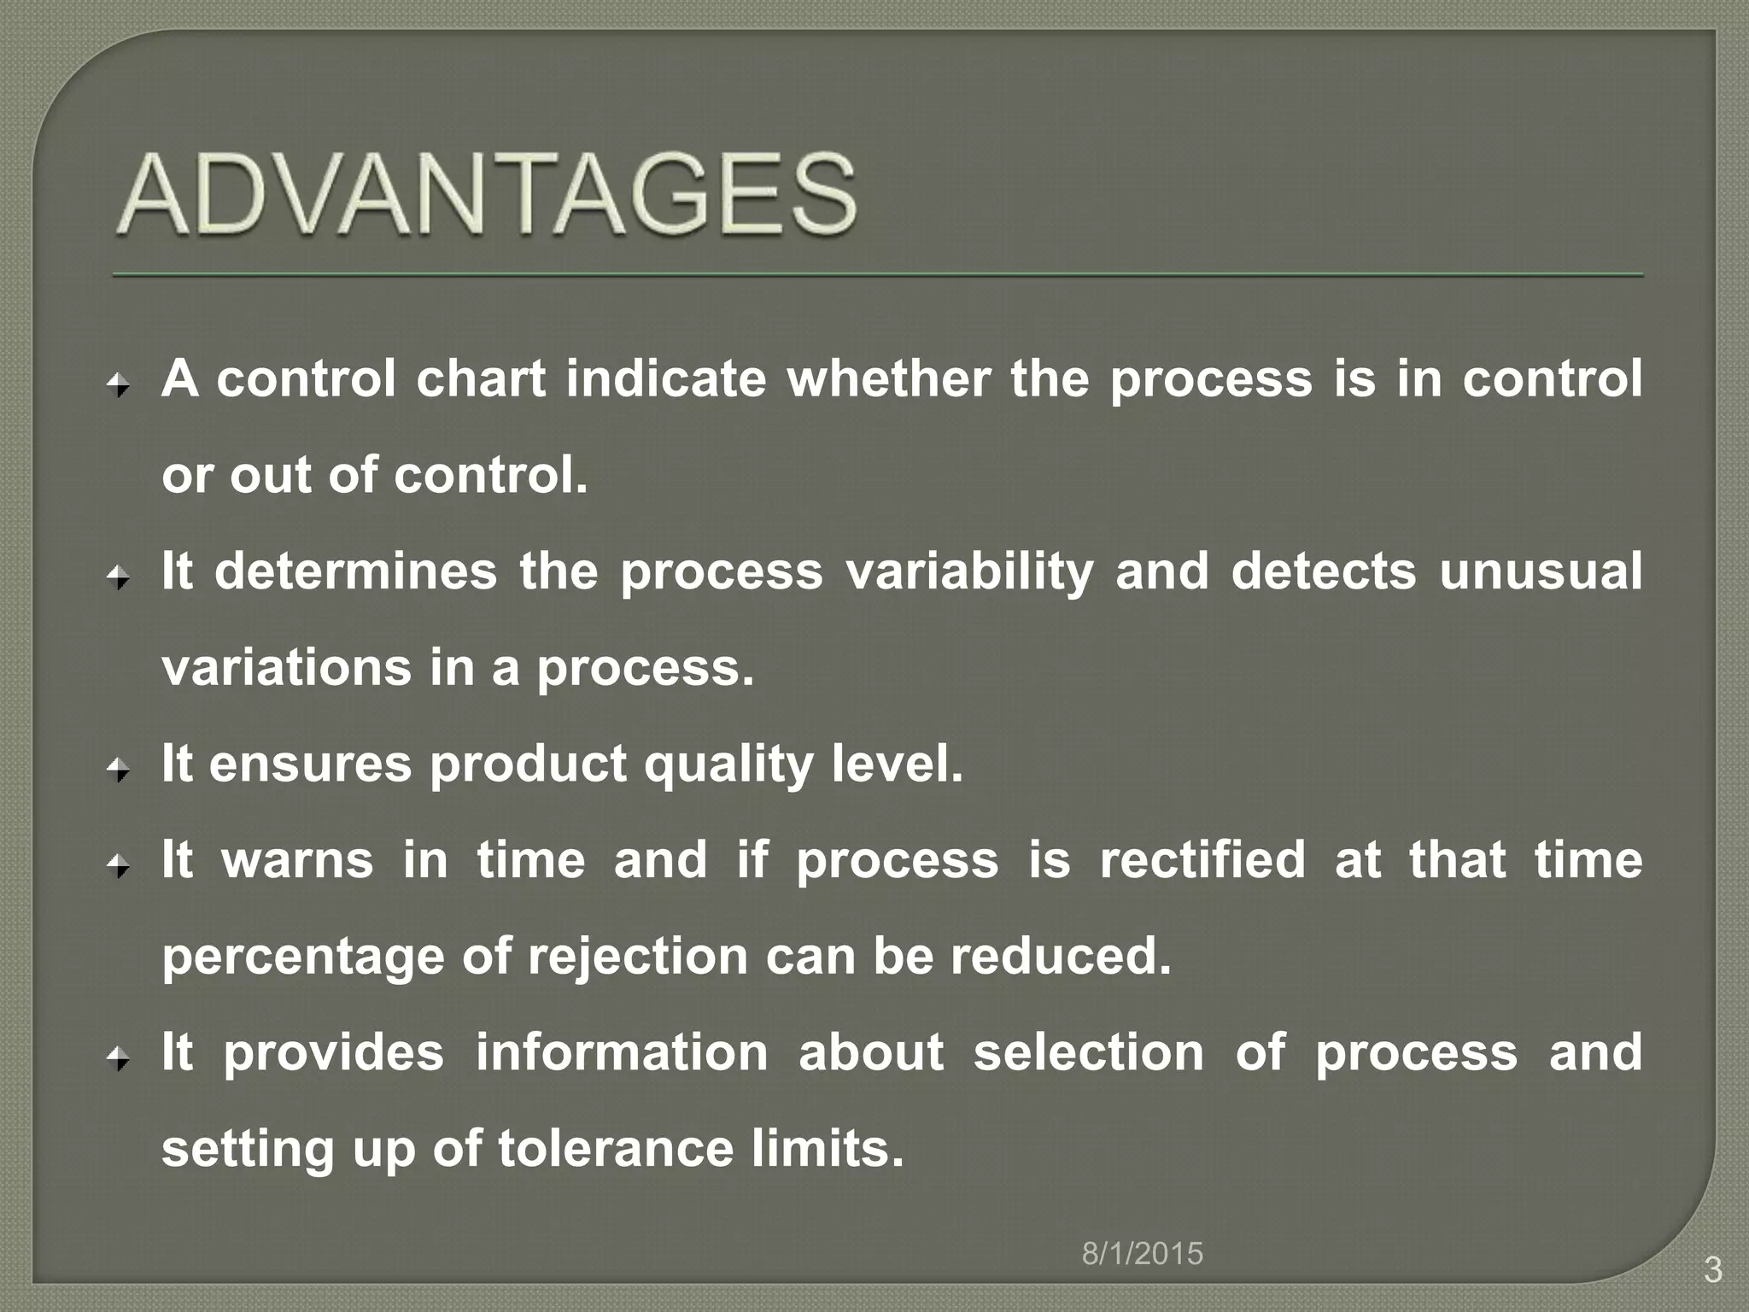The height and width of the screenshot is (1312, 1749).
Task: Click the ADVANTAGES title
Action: point(487,195)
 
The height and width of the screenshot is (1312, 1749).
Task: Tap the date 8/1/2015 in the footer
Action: point(1142,1254)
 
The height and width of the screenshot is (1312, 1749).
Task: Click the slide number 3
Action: point(1712,1270)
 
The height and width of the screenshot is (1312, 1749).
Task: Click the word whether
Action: point(888,378)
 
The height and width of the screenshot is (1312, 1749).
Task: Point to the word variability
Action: point(968,571)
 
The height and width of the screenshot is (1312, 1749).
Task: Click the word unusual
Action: point(1540,571)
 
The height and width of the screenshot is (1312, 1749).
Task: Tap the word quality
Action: point(728,764)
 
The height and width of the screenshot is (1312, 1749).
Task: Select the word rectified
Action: point(1202,860)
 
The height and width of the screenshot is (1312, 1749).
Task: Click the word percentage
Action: point(303,958)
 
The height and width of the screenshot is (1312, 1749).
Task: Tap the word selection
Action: point(1088,1052)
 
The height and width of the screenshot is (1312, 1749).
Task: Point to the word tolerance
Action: point(615,1149)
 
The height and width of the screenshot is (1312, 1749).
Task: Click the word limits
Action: point(827,1149)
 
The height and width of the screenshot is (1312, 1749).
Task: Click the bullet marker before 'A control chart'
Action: point(119,386)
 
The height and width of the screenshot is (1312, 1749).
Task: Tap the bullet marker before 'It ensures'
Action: point(119,771)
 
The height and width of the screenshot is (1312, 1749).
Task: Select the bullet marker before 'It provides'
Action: point(119,1060)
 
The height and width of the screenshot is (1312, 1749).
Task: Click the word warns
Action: point(297,860)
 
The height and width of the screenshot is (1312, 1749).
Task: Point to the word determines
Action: point(355,571)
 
